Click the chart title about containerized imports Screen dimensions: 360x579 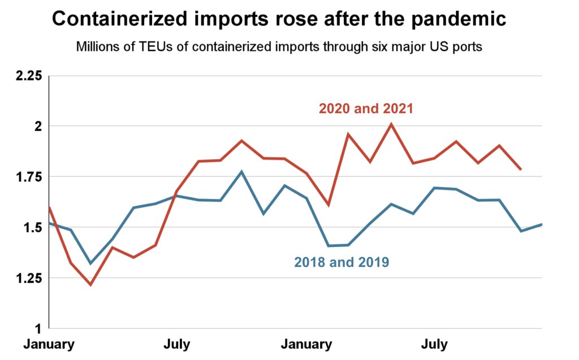coord(279,20)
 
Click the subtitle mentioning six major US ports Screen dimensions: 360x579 coord(279,47)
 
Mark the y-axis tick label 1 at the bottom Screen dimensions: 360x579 coord(39,328)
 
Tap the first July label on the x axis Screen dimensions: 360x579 coord(177,344)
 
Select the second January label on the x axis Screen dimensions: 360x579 coord(307,344)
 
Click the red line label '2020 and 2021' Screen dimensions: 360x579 coord(366,108)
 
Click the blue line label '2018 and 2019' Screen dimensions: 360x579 coord(342,262)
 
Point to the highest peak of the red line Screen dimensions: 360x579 coord(391,124)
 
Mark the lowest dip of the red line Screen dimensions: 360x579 coord(90,284)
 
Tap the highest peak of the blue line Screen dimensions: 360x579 coord(241,171)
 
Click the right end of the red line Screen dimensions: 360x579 coord(521,169)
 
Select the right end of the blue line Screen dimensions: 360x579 coord(542,224)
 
